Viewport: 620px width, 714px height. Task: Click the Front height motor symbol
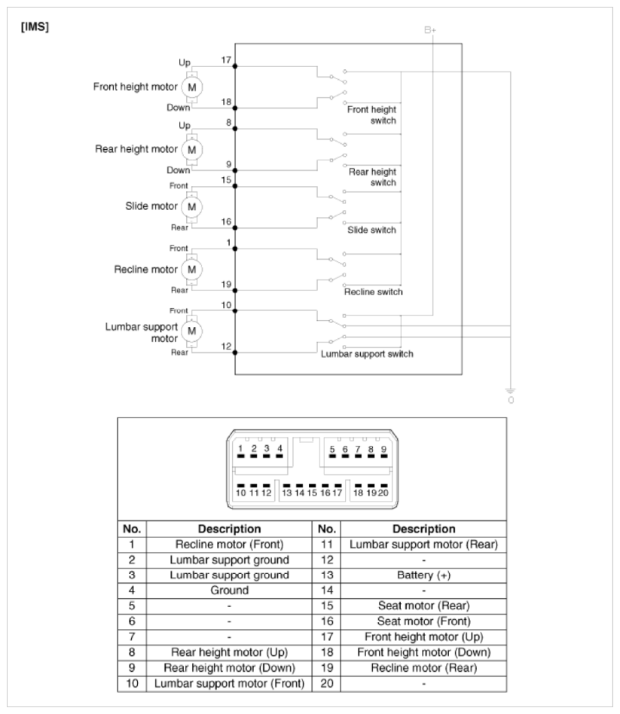(191, 87)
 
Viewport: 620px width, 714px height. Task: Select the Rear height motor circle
(191, 148)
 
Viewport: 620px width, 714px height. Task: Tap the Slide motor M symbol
(191, 206)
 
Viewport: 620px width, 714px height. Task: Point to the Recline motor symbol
(191, 269)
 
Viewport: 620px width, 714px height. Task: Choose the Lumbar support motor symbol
(191, 330)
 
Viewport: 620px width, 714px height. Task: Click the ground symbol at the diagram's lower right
(512, 391)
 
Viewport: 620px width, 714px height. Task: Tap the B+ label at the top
(430, 30)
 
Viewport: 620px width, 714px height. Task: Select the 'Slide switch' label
(371, 230)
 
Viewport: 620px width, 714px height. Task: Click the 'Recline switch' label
(373, 291)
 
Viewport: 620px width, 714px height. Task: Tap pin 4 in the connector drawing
(279, 449)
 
